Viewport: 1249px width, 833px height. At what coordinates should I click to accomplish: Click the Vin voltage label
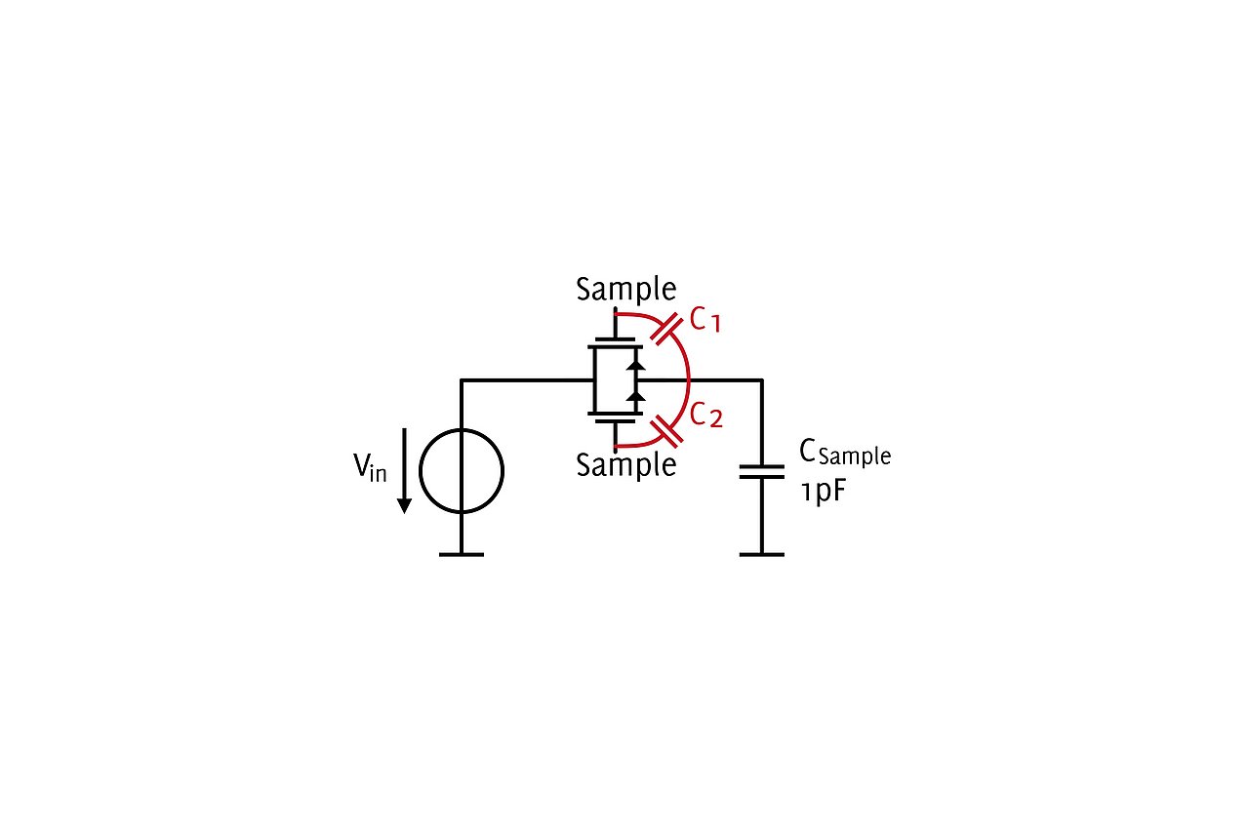point(370,467)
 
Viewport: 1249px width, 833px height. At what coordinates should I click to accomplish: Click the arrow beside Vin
point(404,470)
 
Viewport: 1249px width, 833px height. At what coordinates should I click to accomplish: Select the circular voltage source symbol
point(462,471)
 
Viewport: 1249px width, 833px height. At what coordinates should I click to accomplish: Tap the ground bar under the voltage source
point(462,555)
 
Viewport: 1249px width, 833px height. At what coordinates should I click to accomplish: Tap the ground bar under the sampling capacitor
point(762,555)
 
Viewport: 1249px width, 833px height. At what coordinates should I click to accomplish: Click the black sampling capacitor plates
point(762,472)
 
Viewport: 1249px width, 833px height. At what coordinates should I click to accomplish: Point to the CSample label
point(845,454)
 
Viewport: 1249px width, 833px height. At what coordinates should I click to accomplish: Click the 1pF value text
point(824,492)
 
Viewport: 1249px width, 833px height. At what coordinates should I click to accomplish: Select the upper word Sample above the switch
point(626,290)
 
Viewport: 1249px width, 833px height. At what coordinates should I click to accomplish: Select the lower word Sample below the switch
point(626,465)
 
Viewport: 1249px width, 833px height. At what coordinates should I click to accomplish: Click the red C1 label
point(705,321)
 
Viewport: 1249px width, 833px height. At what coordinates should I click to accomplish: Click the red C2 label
point(705,416)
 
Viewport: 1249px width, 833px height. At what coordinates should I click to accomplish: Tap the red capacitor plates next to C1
point(666,329)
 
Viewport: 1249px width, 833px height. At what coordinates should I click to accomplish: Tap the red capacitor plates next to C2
point(666,431)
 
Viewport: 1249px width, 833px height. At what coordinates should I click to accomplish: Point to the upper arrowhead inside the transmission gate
point(635,365)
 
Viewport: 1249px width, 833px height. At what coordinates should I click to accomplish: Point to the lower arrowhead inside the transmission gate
point(635,396)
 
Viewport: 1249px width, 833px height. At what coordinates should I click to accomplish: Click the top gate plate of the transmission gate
point(615,339)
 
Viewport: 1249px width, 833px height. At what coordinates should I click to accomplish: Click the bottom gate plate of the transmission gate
point(615,421)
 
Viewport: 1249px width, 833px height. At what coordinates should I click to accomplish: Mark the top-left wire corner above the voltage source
point(462,380)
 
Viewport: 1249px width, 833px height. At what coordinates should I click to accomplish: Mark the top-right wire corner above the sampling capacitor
point(762,380)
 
